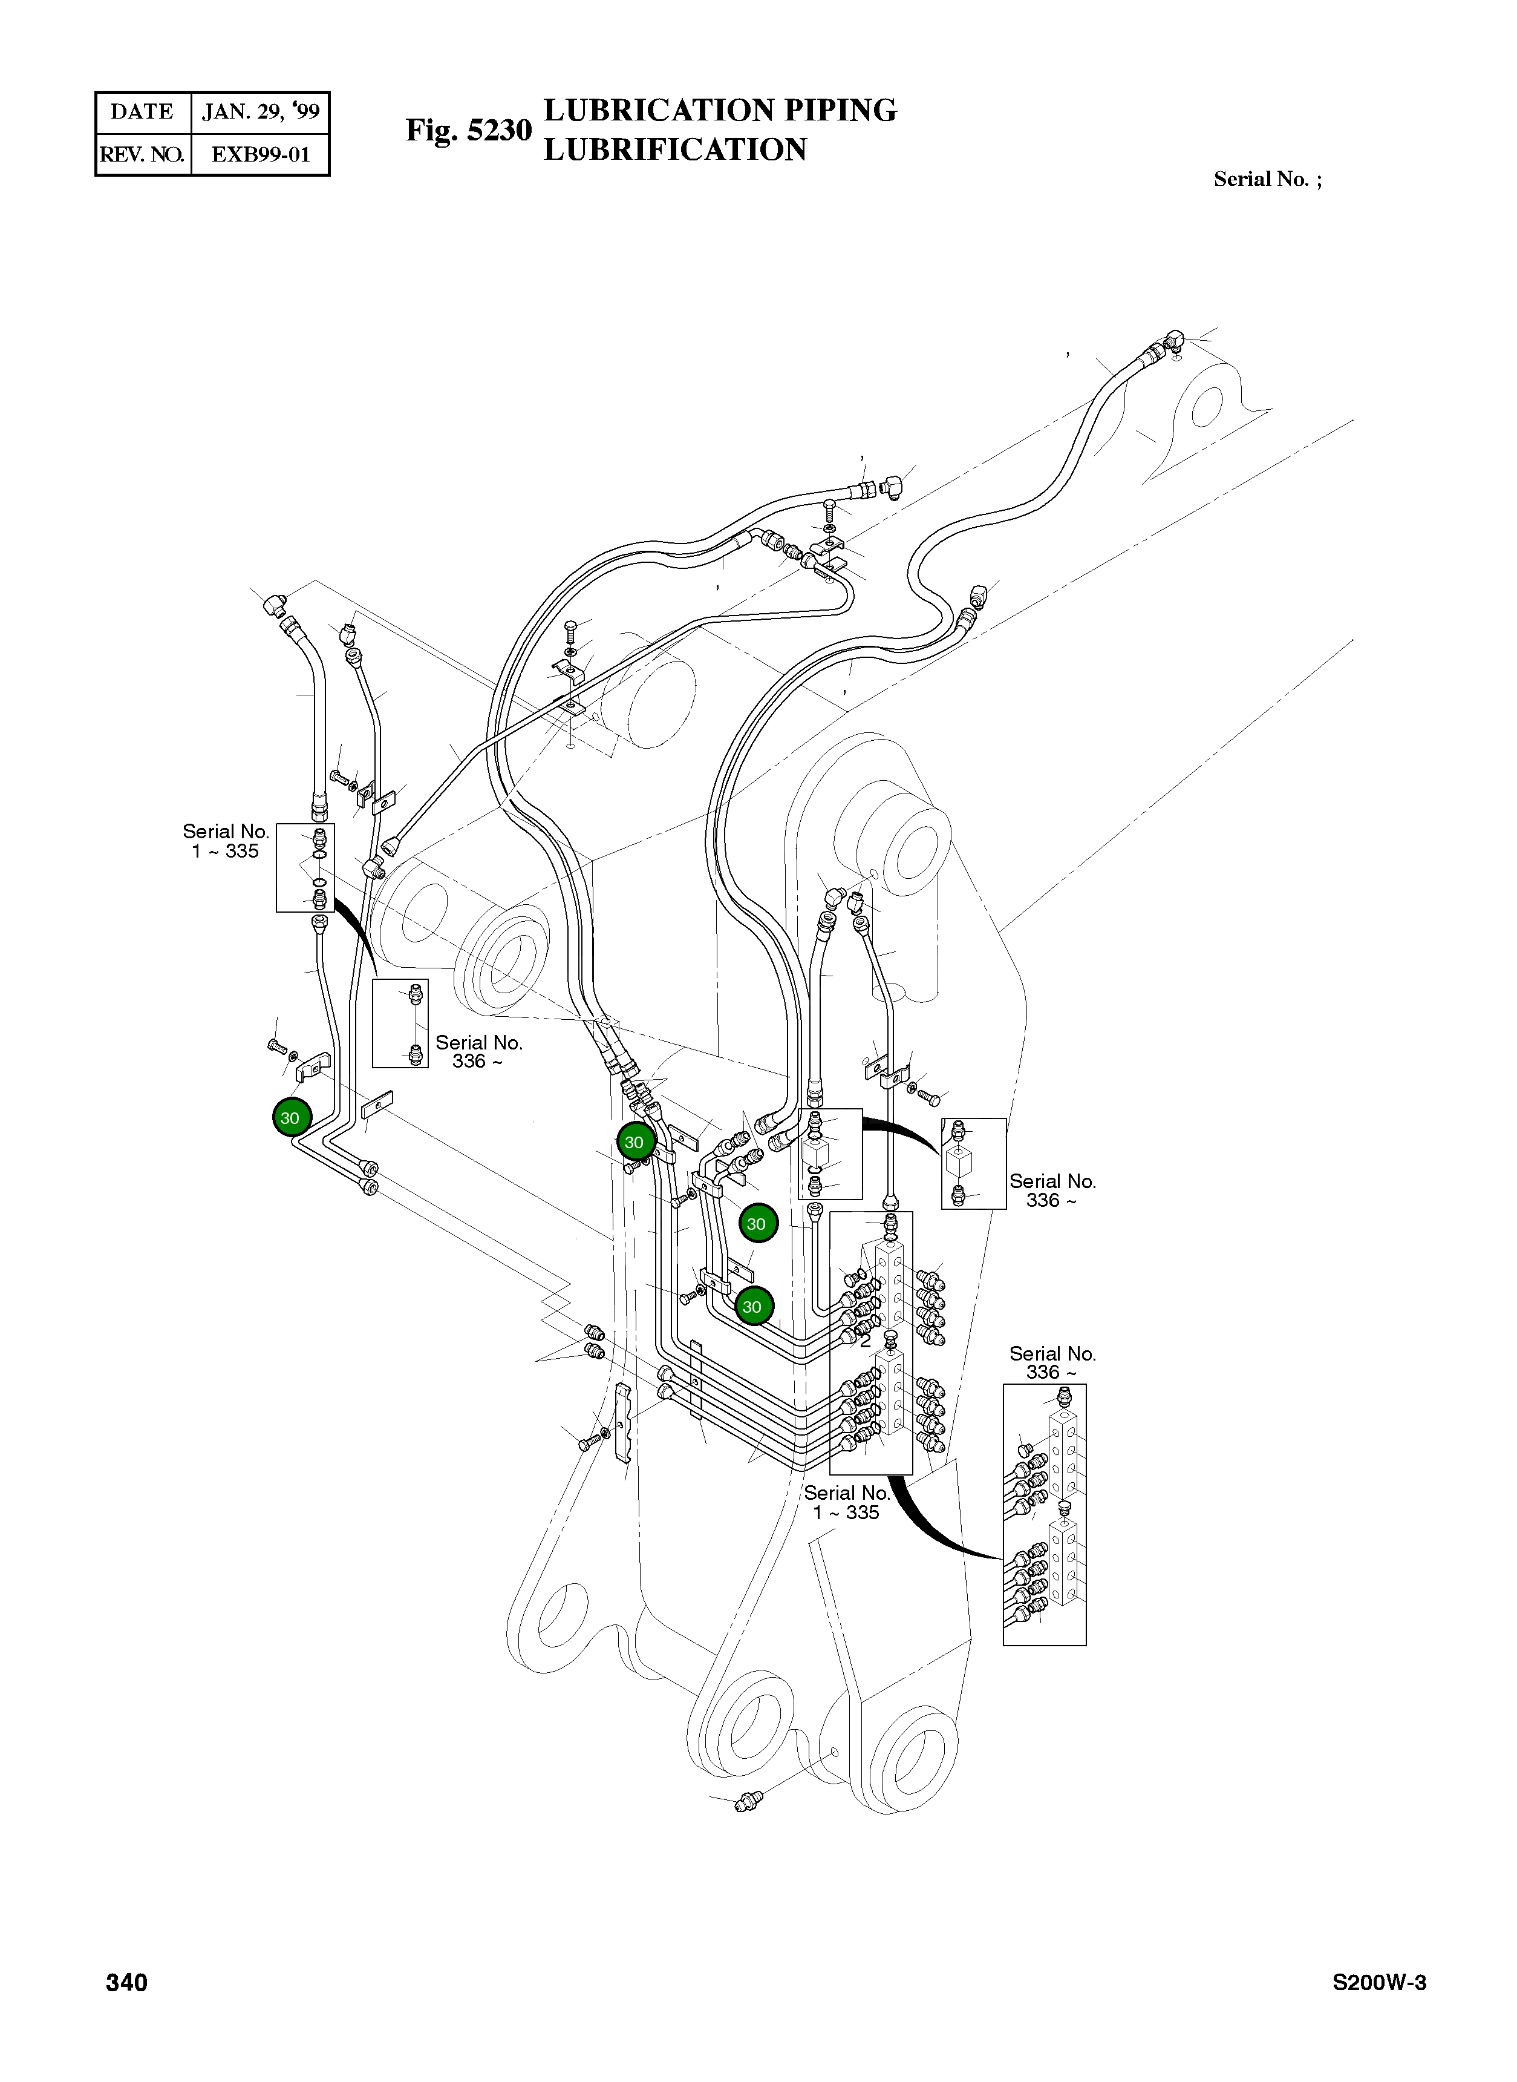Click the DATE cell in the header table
(x=142, y=112)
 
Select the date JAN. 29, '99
(x=260, y=112)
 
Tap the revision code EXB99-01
(x=260, y=154)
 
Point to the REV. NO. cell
(x=142, y=154)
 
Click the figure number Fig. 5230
(x=468, y=131)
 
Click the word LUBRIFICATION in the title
(x=675, y=149)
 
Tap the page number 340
(x=127, y=1983)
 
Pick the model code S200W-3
(x=1379, y=1983)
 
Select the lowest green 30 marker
(x=753, y=1307)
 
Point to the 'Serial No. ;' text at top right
(x=1267, y=179)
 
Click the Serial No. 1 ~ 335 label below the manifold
(x=847, y=1503)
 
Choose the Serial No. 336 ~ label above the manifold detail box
(x=1052, y=1362)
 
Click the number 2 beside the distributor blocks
(x=865, y=1341)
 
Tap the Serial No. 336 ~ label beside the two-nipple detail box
(x=478, y=1052)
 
